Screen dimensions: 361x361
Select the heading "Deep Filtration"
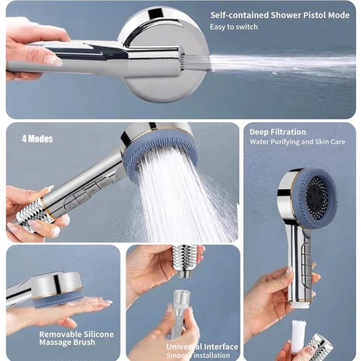tap(278, 132)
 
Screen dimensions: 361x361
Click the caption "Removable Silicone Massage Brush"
tap(76, 339)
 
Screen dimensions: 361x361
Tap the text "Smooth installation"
tap(199, 355)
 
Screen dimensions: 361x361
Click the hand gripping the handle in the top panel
tap(32, 47)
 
